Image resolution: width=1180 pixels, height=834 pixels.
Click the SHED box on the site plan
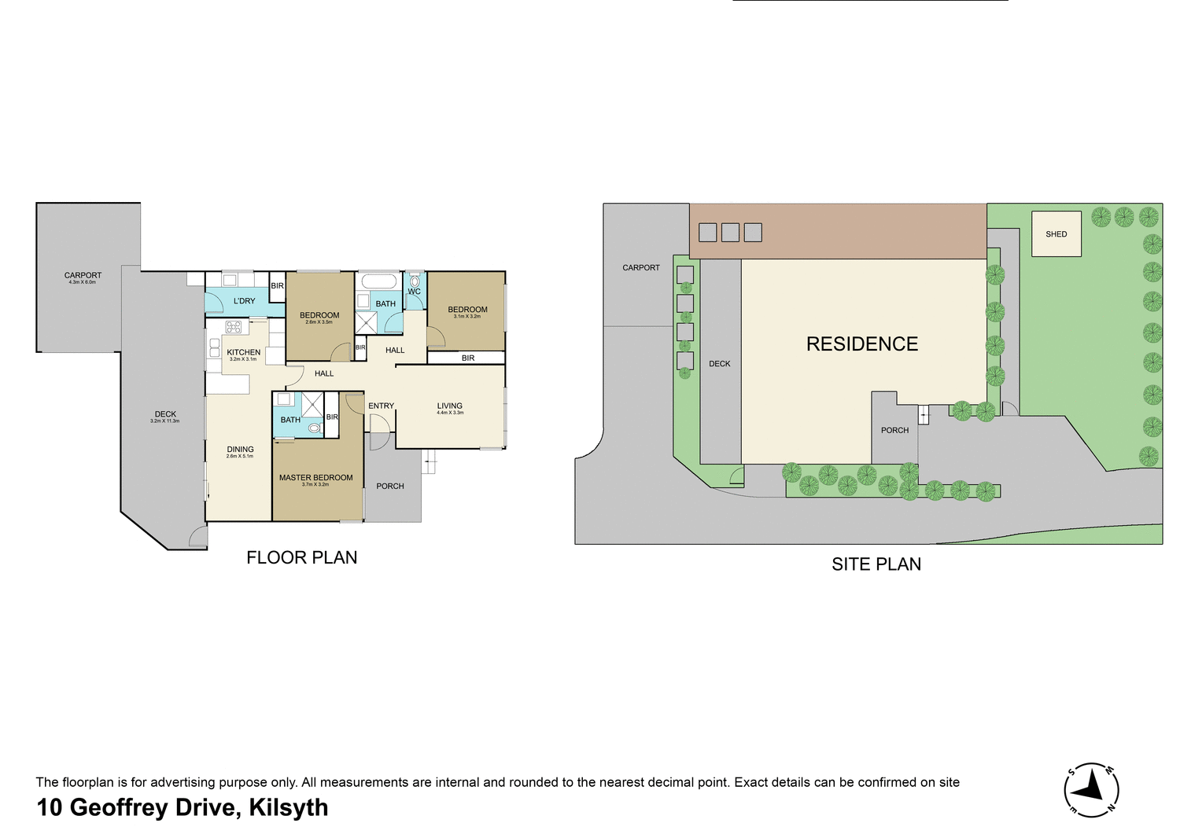point(1056,233)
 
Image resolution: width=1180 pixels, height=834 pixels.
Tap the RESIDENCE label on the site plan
point(862,344)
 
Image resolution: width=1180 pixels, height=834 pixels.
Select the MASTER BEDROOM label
point(315,478)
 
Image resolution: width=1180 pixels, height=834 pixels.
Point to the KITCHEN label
point(243,353)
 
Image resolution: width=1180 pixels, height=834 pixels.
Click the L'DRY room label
point(244,301)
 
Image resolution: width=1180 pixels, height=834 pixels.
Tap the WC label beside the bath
point(414,292)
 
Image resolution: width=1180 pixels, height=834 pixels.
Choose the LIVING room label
point(450,406)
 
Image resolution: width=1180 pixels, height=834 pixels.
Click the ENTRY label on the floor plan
point(381,406)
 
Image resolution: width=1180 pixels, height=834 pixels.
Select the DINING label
point(240,450)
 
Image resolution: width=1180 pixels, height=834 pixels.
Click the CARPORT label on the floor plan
point(83,276)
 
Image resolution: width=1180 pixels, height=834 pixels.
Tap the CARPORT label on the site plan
point(641,268)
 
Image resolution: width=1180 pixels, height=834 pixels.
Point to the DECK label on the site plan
point(719,364)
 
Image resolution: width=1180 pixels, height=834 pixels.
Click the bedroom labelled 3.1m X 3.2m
point(467,310)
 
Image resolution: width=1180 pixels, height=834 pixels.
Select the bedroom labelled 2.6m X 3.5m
point(319,316)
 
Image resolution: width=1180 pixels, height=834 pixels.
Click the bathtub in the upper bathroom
point(378,281)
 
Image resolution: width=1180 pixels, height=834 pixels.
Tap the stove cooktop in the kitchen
point(234,327)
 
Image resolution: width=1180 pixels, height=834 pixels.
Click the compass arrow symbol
point(1092,787)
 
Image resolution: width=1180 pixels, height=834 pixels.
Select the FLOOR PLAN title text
point(301,557)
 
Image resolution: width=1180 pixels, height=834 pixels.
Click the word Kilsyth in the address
point(288,808)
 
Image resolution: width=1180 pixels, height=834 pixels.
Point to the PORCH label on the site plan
point(894,431)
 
